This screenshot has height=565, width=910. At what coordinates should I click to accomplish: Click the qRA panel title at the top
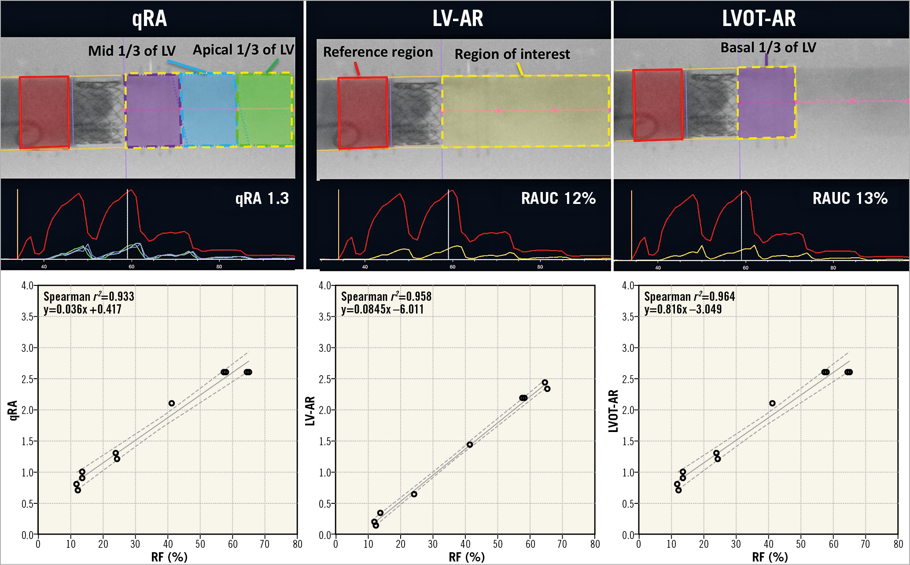(x=150, y=18)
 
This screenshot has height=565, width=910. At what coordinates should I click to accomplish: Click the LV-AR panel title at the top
(x=458, y=18)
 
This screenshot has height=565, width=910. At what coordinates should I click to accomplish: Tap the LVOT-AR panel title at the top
(x=759, y=18)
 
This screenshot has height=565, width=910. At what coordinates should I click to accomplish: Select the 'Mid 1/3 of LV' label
(x=132, y=51)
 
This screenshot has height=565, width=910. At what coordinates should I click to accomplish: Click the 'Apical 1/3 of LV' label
(x=243, y=50)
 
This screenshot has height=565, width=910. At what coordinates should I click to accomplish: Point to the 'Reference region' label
(x=378, y=52)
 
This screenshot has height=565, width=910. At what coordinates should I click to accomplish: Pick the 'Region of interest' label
(x=512, y=54)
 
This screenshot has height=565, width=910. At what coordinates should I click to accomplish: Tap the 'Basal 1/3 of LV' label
(x=768, y=48)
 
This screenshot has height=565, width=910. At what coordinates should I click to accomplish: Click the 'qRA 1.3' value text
(x=262, y=199)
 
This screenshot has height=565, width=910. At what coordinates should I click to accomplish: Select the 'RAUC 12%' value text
(x=558, y=199)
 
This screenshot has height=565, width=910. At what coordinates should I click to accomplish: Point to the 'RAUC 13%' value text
(x=850, y=199)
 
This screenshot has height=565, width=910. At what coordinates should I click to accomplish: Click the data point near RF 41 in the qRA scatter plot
(x=172, y=403)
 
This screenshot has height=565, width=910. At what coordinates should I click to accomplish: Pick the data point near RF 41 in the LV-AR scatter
(x=470, y=445)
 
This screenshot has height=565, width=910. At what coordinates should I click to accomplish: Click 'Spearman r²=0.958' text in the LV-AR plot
(x=386, y=296)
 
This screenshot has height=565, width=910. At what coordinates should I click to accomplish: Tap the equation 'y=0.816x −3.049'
(x=683, y=310)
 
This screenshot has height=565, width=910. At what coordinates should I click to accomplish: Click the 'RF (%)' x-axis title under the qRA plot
(x=169, y=557)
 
